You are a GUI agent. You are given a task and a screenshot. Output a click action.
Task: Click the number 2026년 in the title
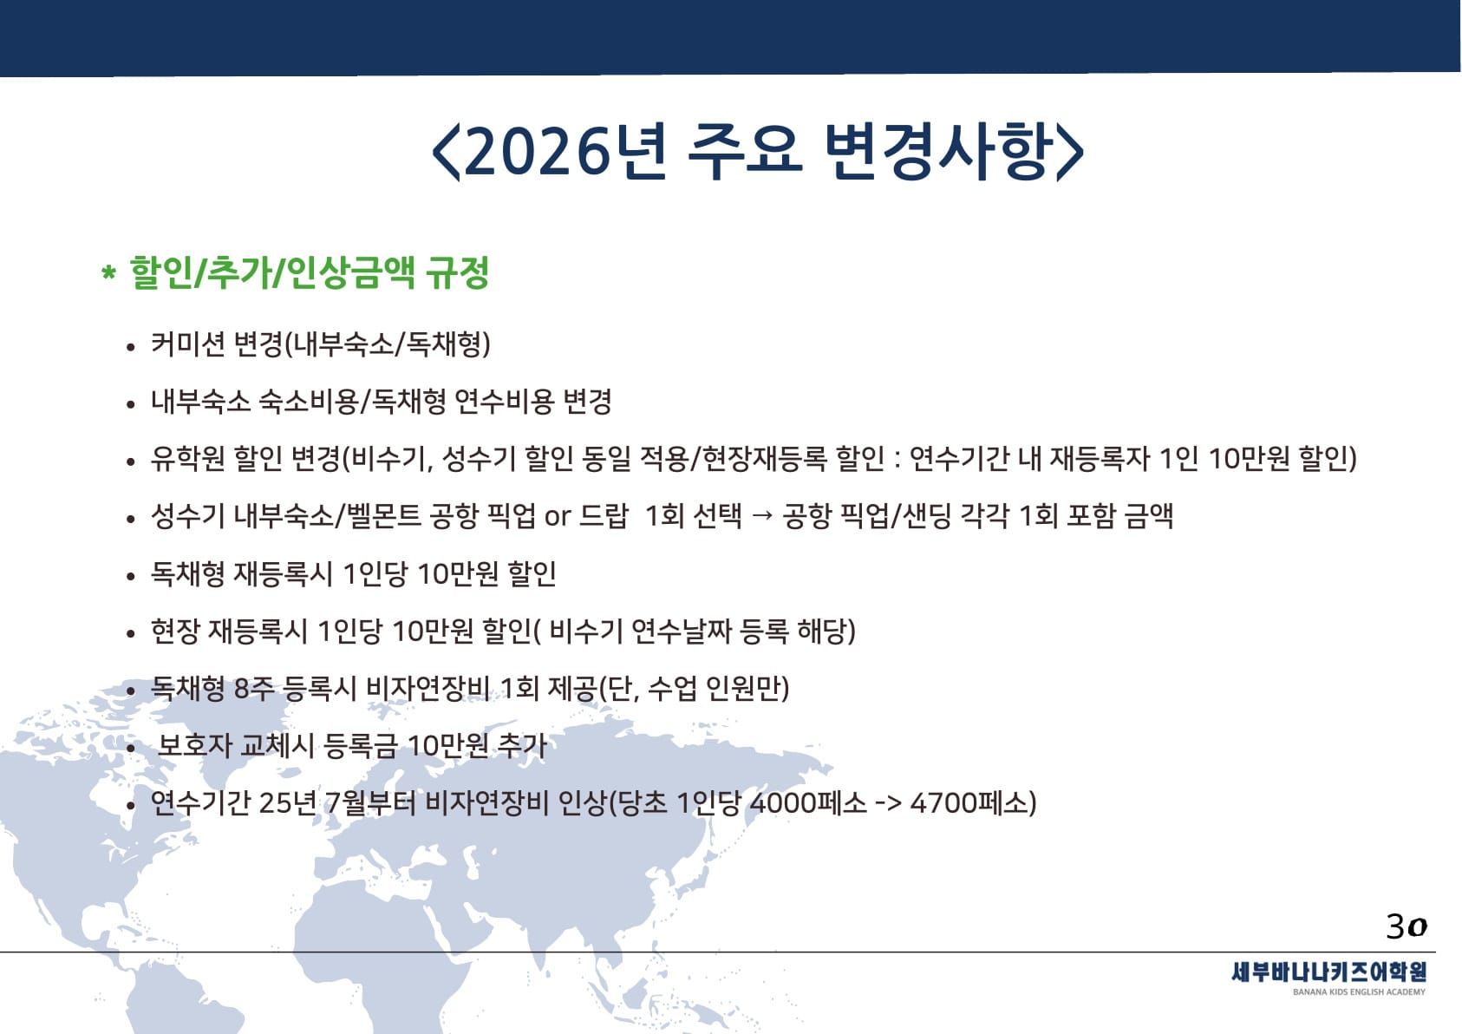(x=566, y=151)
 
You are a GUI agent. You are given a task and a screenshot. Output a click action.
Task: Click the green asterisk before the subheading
(x=108, y=272)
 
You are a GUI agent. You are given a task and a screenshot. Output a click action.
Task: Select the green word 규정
(x=457, y=272)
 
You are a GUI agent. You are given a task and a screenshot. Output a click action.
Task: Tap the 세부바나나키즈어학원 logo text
(x=1328, y=972)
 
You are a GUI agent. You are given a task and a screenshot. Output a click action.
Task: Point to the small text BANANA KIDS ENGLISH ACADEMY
(x=1360, y=992)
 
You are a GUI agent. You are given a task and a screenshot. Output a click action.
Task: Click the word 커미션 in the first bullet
(x=188, y=344)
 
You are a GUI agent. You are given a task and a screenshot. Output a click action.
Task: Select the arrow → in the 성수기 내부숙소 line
(x=761, y=516)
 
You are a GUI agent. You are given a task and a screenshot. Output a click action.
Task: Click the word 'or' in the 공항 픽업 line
(x=558, y=517)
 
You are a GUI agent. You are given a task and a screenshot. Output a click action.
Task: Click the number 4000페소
(x=809, y=803)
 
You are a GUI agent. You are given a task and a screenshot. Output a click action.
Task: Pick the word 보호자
(x=195, y=745)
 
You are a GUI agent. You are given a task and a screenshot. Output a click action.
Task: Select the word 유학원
(x=188, y=459)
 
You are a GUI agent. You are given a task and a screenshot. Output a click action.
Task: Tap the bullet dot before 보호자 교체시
(x=131, y=748)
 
